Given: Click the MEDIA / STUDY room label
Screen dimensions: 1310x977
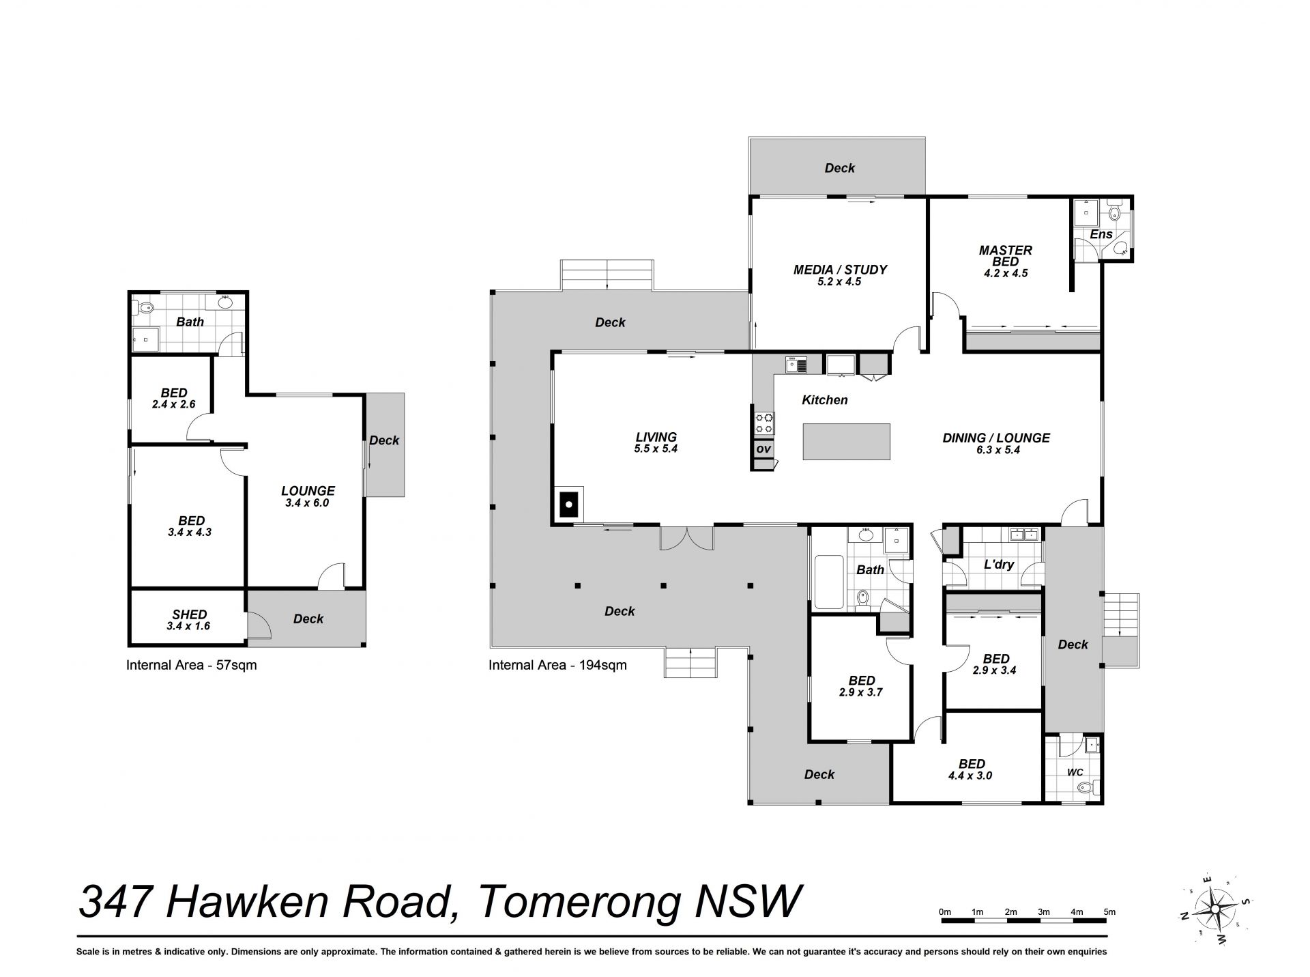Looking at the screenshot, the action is [x=840, y=275].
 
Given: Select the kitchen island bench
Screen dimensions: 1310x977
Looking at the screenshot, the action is [x=847, y=441].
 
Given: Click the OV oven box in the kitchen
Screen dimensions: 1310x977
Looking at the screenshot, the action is [x=763, y=449].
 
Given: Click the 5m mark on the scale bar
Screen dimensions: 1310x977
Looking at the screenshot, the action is [x=1109, y=911].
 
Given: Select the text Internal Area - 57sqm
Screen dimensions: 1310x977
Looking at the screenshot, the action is [x=192, y=664].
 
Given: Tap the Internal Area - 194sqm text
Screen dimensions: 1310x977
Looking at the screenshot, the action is [x=557, y=664].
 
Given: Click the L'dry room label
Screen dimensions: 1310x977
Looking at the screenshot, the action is [x=999, y=565].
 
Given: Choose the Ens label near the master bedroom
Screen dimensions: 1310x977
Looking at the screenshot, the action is [x=1101, y=234].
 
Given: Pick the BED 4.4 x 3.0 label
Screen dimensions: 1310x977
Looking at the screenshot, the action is [x=971, y=769].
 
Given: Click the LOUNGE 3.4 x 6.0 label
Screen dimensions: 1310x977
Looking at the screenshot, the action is [x=308, y=496].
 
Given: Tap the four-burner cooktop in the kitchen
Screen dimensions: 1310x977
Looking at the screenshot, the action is [x=763, y=423].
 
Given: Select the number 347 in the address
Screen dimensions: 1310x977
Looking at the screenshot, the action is [x=115, y=903].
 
